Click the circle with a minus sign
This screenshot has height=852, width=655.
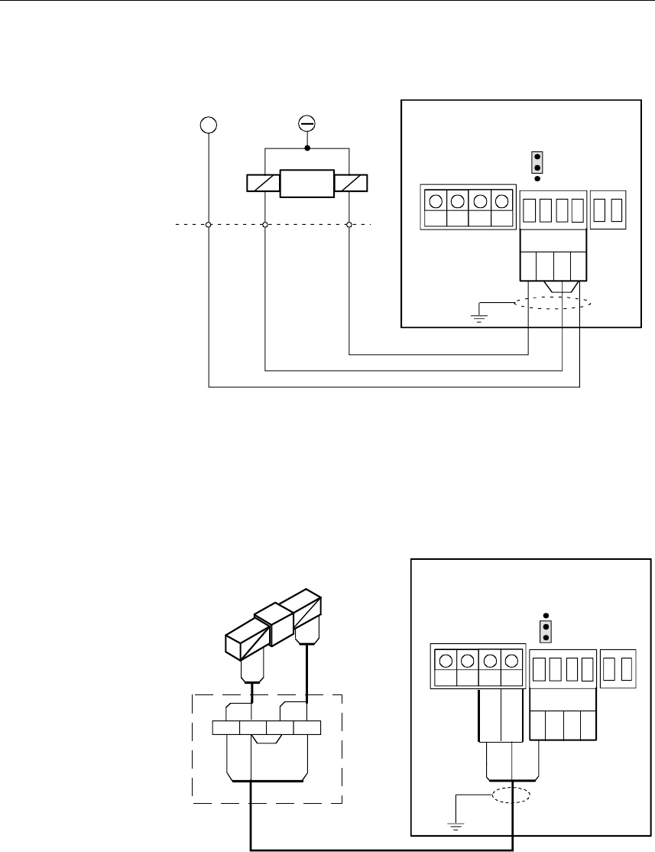[306, 123]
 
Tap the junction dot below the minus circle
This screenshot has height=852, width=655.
[306, 148]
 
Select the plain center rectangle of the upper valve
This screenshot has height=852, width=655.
[306, 184]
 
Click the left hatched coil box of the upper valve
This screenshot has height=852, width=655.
[264, 184]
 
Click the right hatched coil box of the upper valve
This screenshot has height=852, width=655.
[350, 184]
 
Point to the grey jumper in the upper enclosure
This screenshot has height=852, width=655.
[537, 162]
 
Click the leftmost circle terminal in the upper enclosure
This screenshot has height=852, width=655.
[435, 202]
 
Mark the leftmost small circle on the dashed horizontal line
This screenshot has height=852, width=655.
[209, 225]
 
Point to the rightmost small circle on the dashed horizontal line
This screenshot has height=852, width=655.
[349, 225]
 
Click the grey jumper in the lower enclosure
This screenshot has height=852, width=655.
[546, 632]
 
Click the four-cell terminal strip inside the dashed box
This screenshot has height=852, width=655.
[266, 727]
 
